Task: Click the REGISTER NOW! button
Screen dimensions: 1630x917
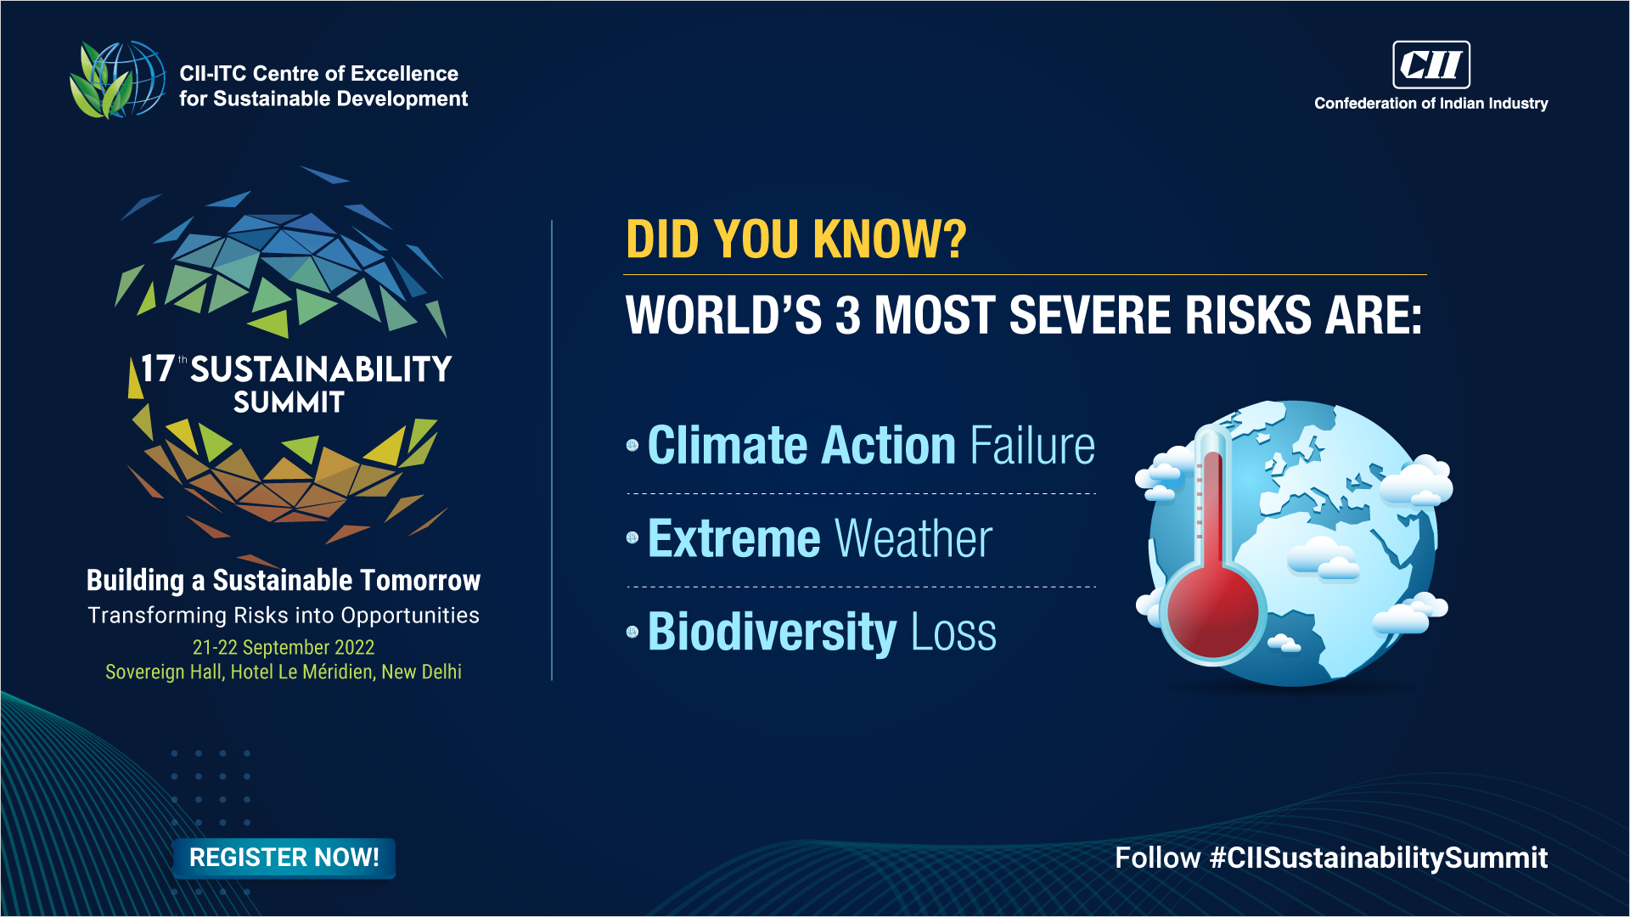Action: click(x=284, y=858)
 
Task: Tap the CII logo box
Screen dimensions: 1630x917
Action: click(x=1431, y=65)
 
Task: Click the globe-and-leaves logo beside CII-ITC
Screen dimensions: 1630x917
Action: click(x=117, y=80)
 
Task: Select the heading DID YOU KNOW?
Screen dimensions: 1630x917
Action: click(x=796, y=239)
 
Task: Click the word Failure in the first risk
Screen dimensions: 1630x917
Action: click(x=1033, y=446)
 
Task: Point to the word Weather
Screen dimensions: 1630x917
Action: click(x=914, y=539)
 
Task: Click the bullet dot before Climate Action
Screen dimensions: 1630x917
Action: click(x=632, y=445)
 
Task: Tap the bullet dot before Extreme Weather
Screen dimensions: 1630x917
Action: click(x=632, y=537)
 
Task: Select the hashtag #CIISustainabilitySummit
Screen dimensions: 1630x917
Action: click(x=1379, y=858)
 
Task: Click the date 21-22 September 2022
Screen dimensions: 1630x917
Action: click(x=284, y=647)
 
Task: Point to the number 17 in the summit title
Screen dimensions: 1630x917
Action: click(x=157, y=369)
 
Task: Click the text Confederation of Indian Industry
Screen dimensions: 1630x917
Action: click(x=1431, y=104)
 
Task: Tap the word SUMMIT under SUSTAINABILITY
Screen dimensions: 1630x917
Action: click(x=289, y=402)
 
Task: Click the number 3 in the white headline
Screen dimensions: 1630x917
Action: click(x=848, y=316)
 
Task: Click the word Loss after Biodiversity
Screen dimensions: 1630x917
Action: click(x=954, y=633)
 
